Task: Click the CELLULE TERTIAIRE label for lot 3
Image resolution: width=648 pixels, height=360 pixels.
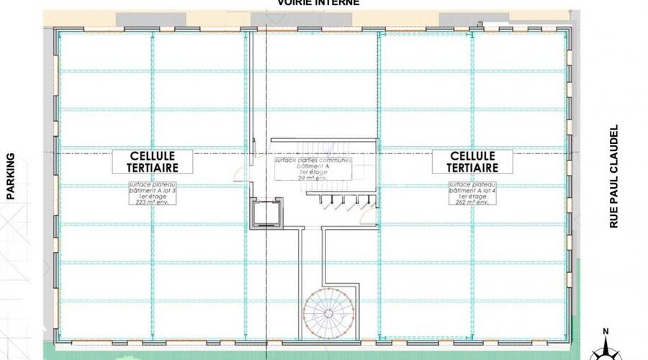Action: (155, 161)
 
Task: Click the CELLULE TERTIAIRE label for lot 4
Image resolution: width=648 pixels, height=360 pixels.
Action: (472, 161)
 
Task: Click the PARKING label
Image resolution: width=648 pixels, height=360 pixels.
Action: (11, 176)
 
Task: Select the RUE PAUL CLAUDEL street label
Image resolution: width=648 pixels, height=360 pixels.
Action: (614, 176)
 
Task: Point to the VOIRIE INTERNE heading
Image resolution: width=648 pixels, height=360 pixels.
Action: (318, 3)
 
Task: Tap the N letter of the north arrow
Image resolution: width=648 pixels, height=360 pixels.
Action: (606, 331)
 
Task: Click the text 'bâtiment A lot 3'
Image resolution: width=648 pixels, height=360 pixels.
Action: (153, 191)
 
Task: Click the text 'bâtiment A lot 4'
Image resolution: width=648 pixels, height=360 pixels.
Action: (472, 191)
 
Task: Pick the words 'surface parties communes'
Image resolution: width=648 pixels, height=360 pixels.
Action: (312, 161)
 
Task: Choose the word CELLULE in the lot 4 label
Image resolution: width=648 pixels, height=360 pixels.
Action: (472, 155)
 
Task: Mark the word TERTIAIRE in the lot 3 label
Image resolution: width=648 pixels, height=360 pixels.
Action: (155, 167)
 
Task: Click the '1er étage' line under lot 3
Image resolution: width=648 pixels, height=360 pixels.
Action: (153, 197)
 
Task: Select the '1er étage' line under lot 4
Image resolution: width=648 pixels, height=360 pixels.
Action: (472, 197)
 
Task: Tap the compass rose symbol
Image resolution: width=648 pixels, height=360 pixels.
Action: (606, 351)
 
